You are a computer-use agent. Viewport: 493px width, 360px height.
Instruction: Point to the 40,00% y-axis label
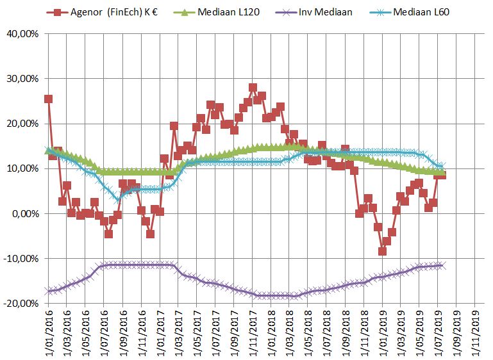point(21,34)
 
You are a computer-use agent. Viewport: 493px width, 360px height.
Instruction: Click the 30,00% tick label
point(21,79)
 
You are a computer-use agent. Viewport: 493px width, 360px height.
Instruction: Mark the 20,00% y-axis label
point(21,124)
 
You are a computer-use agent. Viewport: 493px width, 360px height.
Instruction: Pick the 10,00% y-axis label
point(21,168)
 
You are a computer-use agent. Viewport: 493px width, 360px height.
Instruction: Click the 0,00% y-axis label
point(23,213)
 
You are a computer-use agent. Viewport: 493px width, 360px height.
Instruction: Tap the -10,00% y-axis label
point(20,258)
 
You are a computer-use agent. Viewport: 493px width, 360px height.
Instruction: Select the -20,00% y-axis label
point(20,303)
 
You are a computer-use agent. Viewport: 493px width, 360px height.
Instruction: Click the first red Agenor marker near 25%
point(48,99)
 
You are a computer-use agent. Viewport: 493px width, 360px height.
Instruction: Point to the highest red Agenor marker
point(253,88)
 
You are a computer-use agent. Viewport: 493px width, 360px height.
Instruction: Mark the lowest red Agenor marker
point(382,251)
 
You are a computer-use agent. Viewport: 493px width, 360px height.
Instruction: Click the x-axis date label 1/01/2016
point(49,332)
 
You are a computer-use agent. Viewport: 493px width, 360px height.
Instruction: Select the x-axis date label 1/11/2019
point(475,332)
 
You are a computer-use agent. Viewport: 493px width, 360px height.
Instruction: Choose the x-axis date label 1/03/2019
point(401,332)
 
